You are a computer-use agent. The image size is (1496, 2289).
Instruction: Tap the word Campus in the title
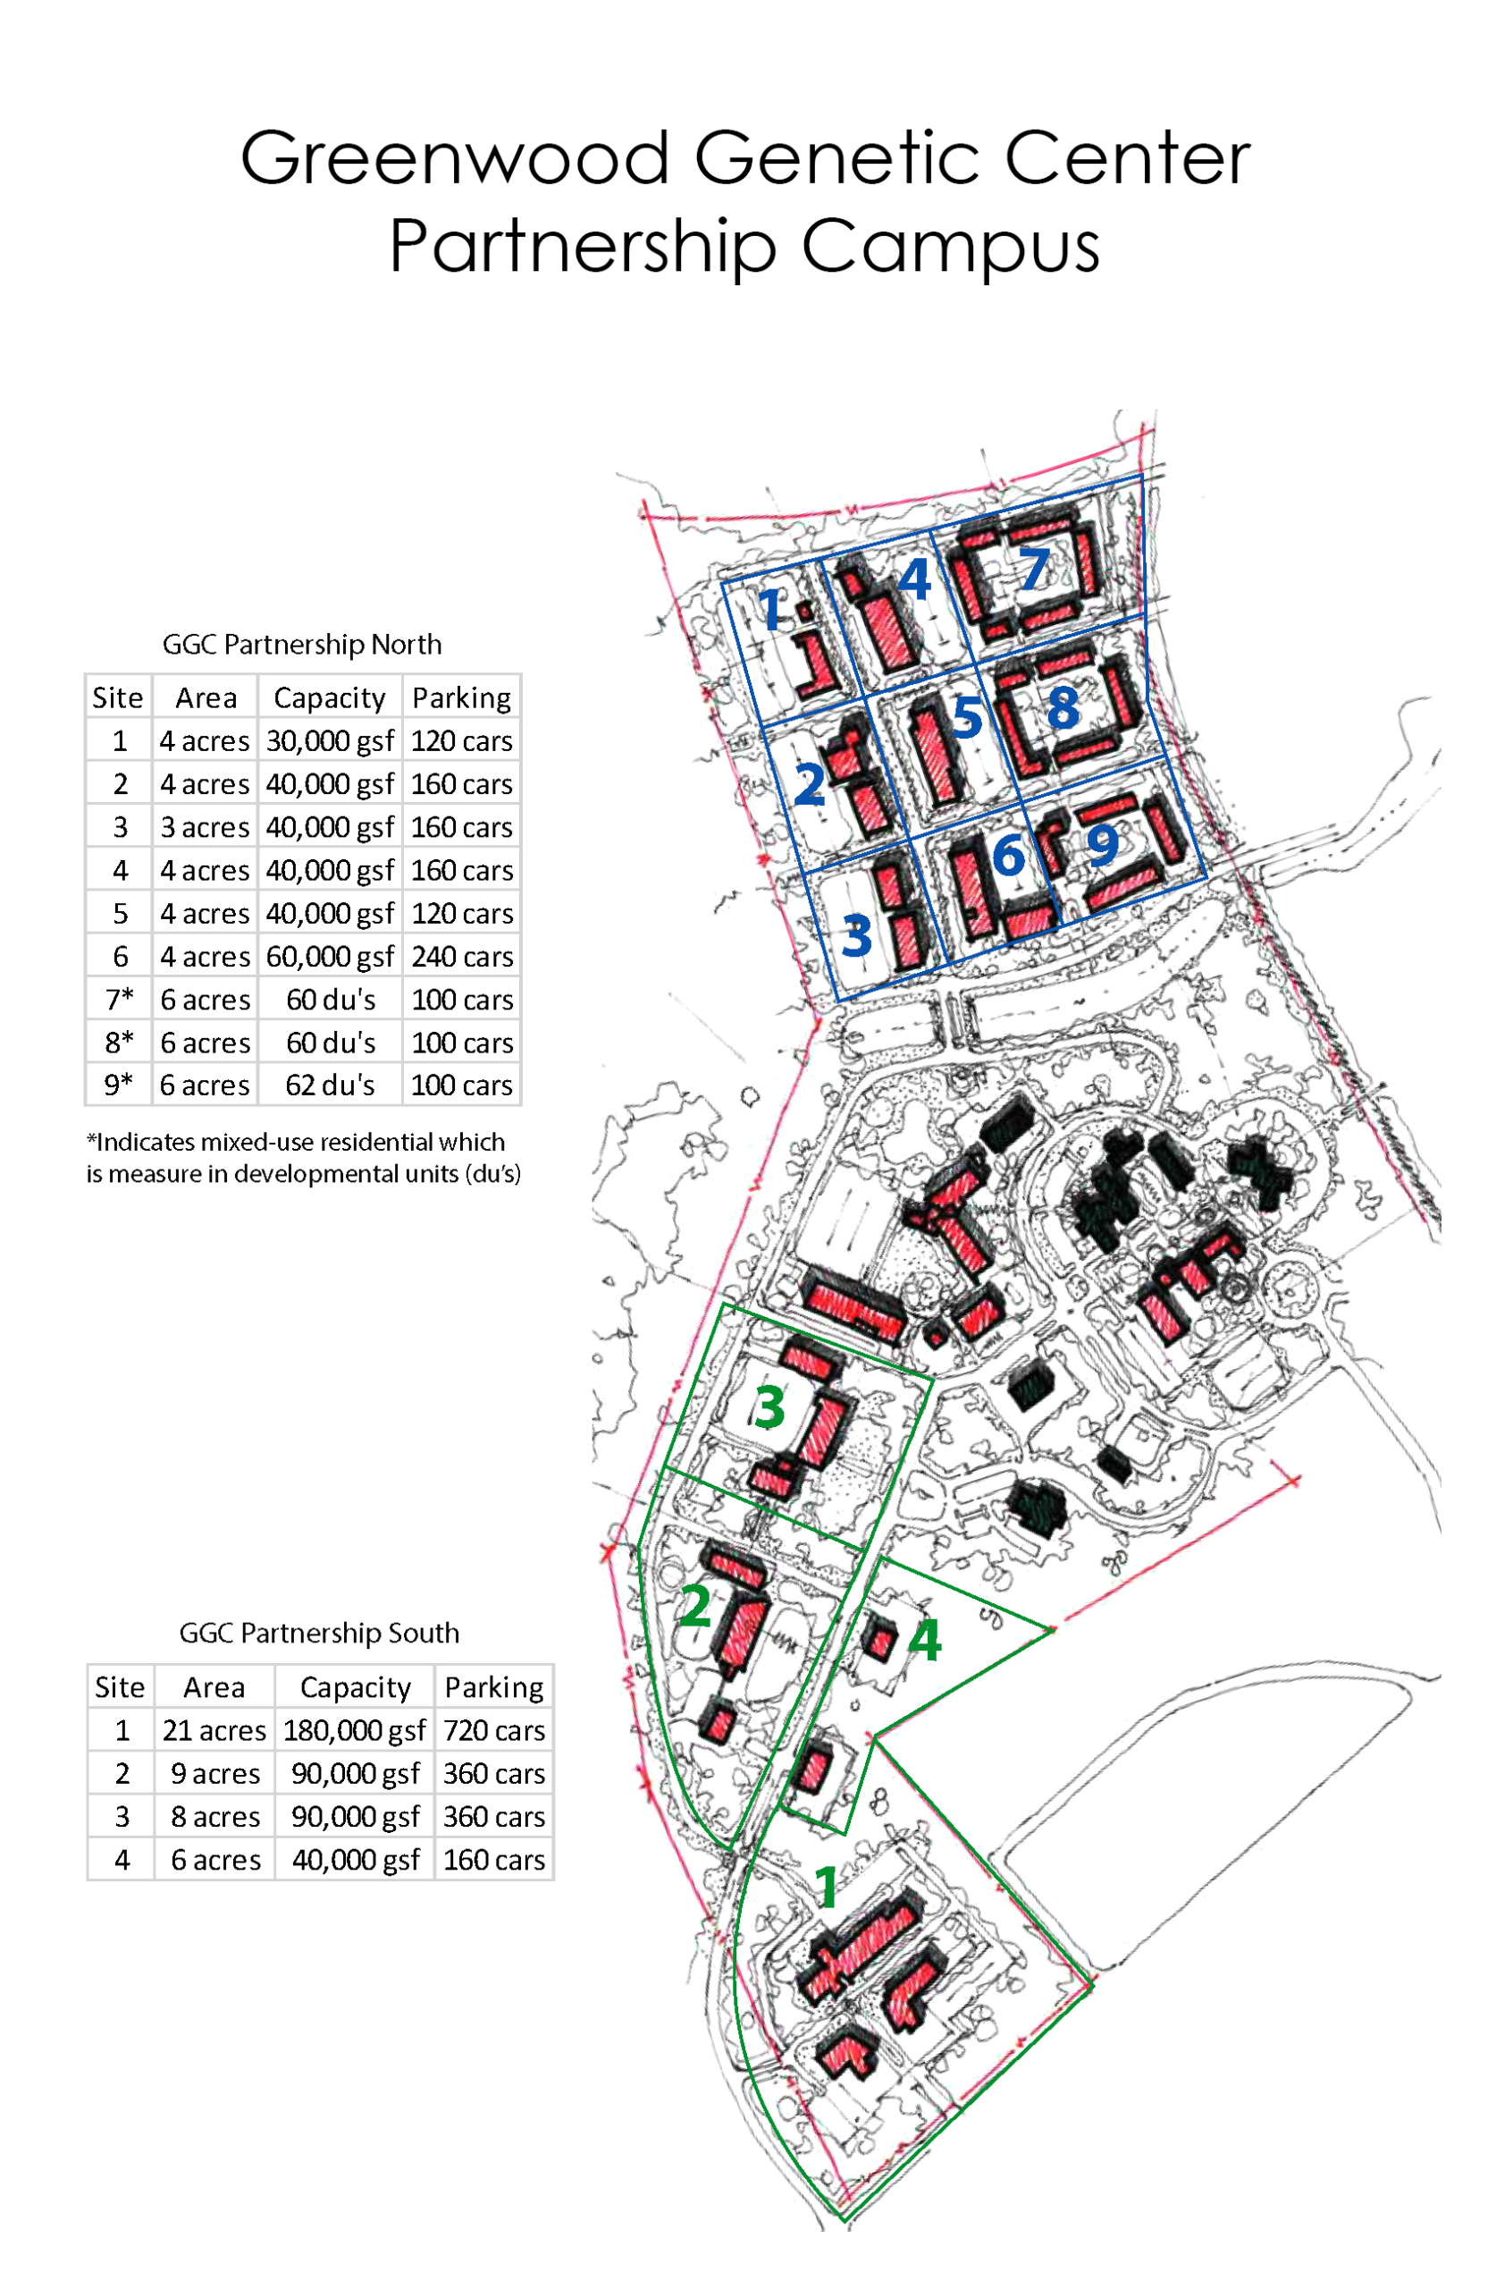tap(949, 247)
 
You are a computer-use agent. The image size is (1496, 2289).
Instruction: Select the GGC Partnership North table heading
tap(301, 644)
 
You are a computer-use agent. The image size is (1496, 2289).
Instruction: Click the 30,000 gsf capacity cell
tap(330, 740)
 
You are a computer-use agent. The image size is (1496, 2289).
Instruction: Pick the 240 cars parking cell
tap(461, 956)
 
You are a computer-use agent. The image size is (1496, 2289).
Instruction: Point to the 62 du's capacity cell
tap(330, 1085)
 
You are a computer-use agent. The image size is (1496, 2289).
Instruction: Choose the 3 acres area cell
tap(205, 827)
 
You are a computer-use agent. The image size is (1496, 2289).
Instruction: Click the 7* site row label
tap(119, 1000)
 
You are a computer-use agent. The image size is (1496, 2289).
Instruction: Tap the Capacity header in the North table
tap(329, 697)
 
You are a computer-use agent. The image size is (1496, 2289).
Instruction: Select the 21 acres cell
tap(214, 1730)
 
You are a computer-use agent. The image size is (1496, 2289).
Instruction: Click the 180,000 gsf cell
tap(354, 1730)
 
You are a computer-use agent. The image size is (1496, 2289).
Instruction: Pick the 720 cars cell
tap(493, 1730)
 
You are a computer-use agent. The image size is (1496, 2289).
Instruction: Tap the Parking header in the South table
tap(493, 1687)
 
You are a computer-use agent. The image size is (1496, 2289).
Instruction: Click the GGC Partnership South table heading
tap(319, 1633)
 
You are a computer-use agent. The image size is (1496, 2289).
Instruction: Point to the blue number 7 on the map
tap(1034, 570)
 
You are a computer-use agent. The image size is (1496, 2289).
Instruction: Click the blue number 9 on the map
tap(1102, 844)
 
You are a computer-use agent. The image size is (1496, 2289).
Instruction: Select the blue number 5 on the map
tap(967, 717)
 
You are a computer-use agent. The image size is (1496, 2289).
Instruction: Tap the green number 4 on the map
tap(924, 1640)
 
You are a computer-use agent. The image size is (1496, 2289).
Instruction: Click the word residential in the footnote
tap(373, 1142)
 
